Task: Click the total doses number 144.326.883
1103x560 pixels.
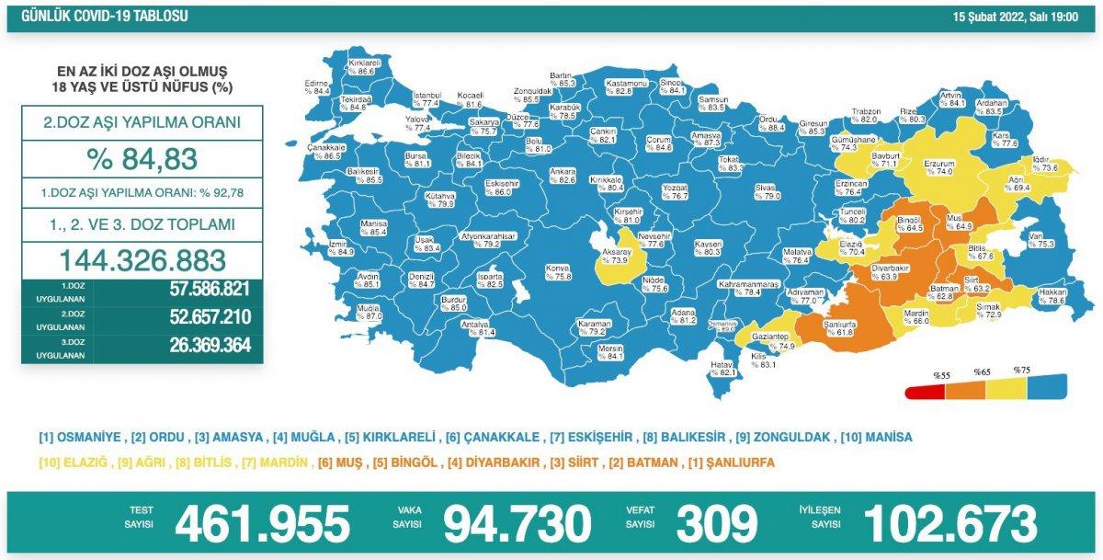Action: [x=142, y=258]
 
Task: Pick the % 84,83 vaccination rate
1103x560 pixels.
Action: [x=142, y=158]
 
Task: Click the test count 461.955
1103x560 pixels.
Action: [x=262, y=524]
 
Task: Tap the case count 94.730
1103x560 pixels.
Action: [x=517, y=524]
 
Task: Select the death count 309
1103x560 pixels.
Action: [x=716, y=524]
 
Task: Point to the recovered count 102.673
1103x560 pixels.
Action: [x=949, y=524]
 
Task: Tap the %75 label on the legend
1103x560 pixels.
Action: [x=1022, y=370]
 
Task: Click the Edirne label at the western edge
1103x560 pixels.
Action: [x=317, y=86]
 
